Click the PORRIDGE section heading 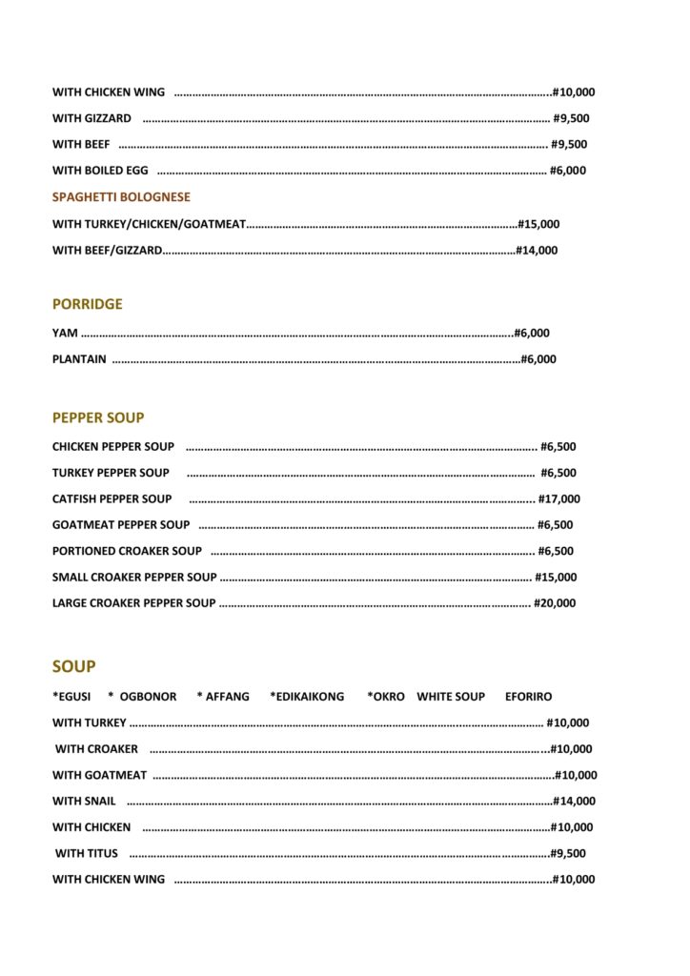tap(88, 304)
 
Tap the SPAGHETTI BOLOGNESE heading tap(121, 197)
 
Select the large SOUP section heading tap(73, 667)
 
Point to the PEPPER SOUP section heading tap(98, 417)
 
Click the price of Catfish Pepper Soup tap(559, 498)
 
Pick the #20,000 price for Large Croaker tap(555, 603)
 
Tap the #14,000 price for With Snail tap(575, 802)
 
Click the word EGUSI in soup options tap(73, 697)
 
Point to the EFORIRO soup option tap(528, 697)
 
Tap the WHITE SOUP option tap(451, 697)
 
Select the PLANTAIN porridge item tap(79, 359)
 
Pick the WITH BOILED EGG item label tap(100, 172)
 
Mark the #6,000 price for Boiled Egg tap(568, 172)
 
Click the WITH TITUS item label tap(87, 854)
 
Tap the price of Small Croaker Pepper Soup tap(556, 577)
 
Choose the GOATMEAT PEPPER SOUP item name tap(121, 524)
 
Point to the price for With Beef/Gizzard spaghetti tap(537, 251)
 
